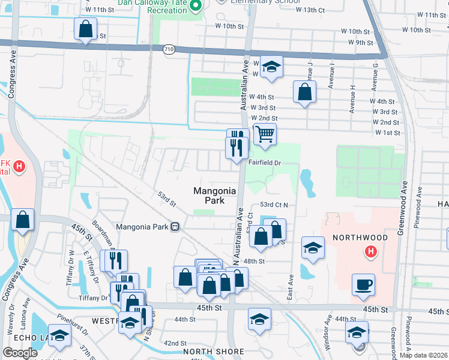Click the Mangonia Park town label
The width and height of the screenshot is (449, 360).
pos(215,196)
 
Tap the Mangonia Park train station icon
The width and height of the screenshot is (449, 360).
pos(175,227)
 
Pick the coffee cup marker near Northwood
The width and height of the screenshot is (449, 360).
pos(364,285)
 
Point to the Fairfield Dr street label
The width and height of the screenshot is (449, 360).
pos(265,163)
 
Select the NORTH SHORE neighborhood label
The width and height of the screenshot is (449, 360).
pos(213,352)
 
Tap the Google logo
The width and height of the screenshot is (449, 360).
pos(20,353)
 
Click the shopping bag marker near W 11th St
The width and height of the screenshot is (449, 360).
pos(86,28)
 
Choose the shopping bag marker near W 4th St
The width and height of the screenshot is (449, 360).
pos(305,92)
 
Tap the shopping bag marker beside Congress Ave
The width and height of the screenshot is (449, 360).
pos(22,220)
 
